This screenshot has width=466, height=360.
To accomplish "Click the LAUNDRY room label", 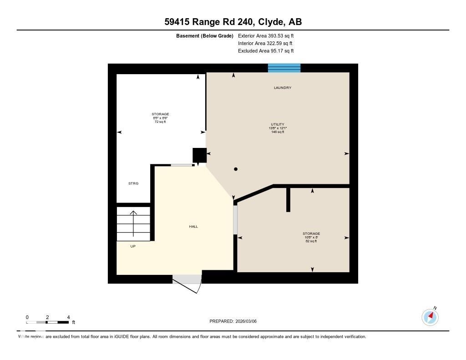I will [x=282, y=87].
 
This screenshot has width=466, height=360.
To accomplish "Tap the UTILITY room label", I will [x=277, y=124].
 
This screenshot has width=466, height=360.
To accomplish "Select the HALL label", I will [x=193, y=226].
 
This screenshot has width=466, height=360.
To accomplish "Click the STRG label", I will [x=133, y=183].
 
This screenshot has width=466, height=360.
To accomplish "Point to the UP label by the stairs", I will [x=133, y=246].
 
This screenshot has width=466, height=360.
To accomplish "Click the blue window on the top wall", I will [x=284, y=68].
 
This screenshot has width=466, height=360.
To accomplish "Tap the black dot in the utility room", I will [x=236, y=169].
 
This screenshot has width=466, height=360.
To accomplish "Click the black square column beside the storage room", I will [x=199, y=155].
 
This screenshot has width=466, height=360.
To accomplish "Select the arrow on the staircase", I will [x=133, y=223].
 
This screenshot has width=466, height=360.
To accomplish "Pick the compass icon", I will [x=430, y=316].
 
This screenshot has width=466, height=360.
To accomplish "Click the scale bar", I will [x=48, y=322].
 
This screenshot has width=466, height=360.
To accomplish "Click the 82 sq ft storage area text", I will [x=311, y=241].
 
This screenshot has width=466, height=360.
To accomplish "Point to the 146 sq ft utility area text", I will [x=277, y=132].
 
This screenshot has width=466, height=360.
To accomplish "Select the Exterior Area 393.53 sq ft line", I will [x=269, y=35].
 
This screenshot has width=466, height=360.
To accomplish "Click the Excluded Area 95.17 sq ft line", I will [x=269, y=51].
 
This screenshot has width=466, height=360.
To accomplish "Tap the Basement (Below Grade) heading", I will [x=205, y=35].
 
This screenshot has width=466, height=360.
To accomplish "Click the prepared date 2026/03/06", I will [x=249, y=321].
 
